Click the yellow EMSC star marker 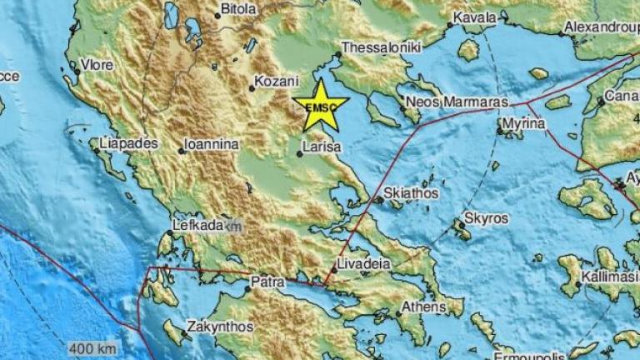(321, 106)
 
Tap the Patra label (269, 284)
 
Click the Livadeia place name (362, 264)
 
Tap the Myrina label (523, 123)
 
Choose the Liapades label (127, 143)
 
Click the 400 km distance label (92, 347)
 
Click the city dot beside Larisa (300, 153)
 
